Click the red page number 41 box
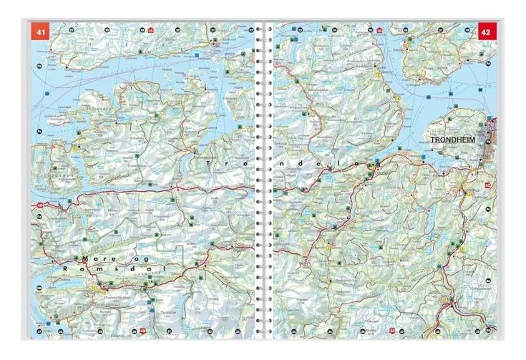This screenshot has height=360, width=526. [x=39, y=32]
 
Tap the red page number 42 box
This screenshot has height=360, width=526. [x=487, y=32]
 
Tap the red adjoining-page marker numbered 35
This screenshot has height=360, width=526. [x=151, y=31]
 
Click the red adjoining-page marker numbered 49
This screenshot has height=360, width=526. [x=143, y=331]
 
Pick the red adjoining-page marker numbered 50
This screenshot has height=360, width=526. [x=391, y=331]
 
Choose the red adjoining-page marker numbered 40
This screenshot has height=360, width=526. [x=36, y=208]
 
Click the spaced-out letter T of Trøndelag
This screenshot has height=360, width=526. [x=208, y=165]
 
